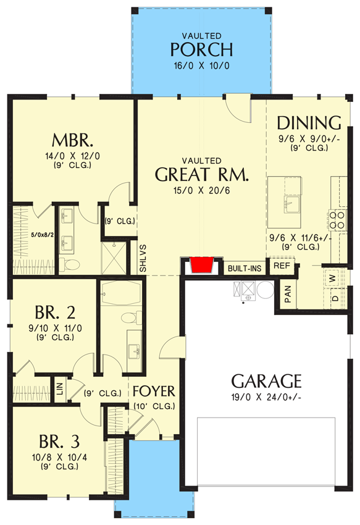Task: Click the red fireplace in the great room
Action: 201,264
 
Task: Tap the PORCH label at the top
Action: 201,49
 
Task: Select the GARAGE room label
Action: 267,380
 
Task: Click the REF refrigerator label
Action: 282,266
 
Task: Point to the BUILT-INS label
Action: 245,269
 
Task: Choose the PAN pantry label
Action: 288,294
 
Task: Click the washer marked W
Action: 332,278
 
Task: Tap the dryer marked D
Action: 334,298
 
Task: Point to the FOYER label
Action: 154,391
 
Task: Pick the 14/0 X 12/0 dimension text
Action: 72,156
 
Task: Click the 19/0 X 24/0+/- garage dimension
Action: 267,397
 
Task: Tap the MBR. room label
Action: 72,140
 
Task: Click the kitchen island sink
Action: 292,204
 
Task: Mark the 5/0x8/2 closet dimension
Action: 42,235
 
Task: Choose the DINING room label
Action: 309,123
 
